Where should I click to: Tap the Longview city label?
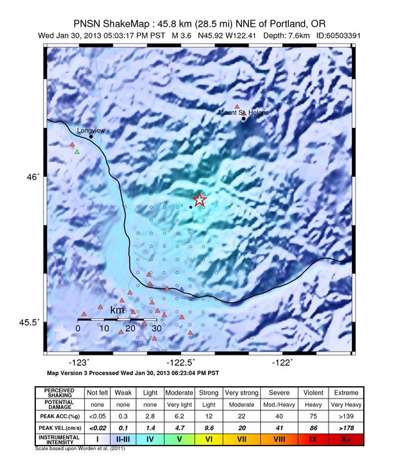pyautogui.click(x=91, y=130)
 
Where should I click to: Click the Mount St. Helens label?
pyautogui.click(x=243, y=112)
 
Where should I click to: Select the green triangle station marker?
pyautogui.click(x=77, y=152)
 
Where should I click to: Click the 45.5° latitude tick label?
pyautogui.click(x=30, y=322)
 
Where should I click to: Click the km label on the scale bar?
pyautogui.click(x=117, y=310)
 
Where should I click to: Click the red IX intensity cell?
pyautogui.click(x=313, y=440)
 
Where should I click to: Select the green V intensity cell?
pyautogui.click(x=179, y=440)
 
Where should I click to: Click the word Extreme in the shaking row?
pyautogui.click(x=346, y=393)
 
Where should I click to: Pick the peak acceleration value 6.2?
pyautogui.click(x=179, y=416)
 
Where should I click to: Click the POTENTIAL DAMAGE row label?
pyautogui.click(x=63, y=404)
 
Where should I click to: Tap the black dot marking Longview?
pyautogui.click(x=91, y=136)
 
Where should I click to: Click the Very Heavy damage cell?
pyautogui.click(x=346, y=404)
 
